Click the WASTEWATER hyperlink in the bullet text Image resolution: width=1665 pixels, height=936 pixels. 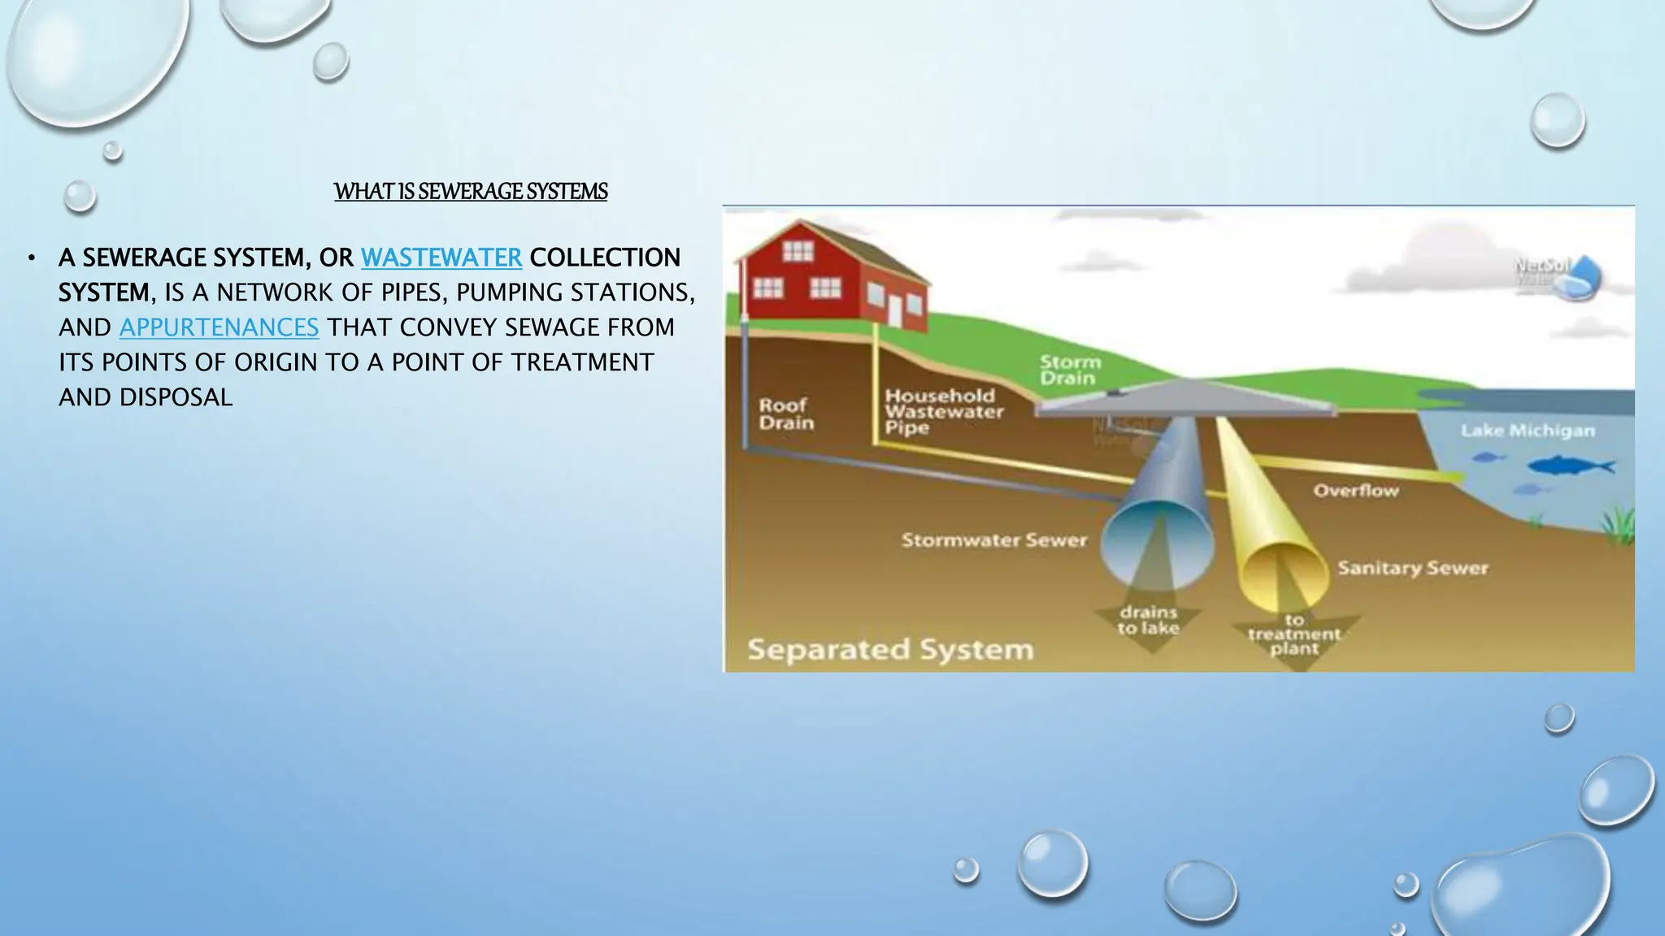coord(441,258)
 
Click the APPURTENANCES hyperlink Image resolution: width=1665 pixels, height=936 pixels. coord(219,327)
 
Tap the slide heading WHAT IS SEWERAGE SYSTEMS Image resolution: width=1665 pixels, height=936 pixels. coord(471,192)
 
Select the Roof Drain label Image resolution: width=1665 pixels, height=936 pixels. coord(785,414)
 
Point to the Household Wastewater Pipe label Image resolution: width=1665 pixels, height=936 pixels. coord(943,412)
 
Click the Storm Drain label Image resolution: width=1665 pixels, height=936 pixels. coord(1069,370)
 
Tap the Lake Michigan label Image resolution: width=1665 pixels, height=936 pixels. coord(1527,431)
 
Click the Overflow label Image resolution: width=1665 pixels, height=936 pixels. coord(1355,491)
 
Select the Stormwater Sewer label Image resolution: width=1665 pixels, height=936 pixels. coord(993,540)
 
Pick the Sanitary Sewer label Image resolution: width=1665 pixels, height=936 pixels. coord(1412,568)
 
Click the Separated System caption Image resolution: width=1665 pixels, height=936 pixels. coord(890,649)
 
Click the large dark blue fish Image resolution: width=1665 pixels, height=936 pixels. coord(1569,466)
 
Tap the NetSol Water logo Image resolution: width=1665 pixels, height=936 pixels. coord(1557,275)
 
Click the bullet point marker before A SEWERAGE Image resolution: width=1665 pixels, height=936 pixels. coord(31,258)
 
